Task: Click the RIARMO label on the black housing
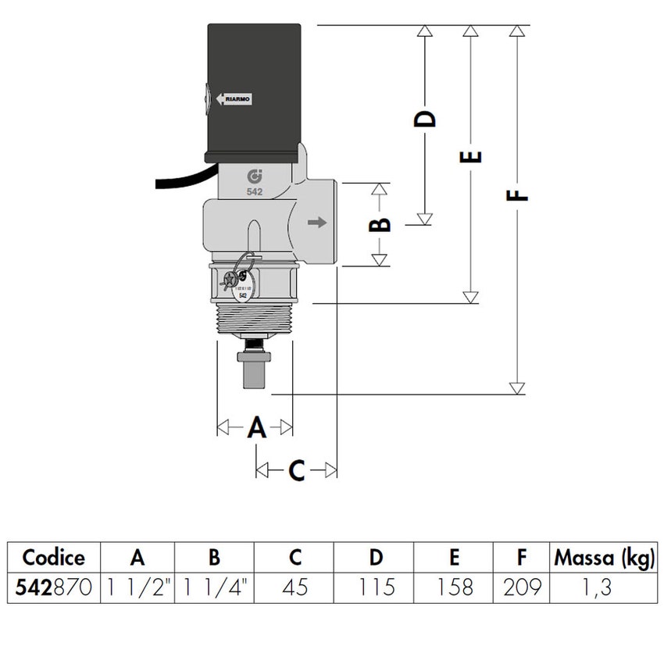(234, 99)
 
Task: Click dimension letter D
(424, 119)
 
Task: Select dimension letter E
(470, 156)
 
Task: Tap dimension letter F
(516, 192)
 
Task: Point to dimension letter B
(380, 225)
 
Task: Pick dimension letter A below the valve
(256, 427)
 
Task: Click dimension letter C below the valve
(297, 470)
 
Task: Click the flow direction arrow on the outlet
(316, 223)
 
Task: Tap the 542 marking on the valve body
(254, 191)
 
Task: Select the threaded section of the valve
(254, 317)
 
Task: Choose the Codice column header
(53, 558)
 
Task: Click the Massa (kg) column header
(604, 558)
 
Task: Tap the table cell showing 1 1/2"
(138, 587)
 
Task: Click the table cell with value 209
(521, 587)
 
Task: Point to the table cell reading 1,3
(604, 587)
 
